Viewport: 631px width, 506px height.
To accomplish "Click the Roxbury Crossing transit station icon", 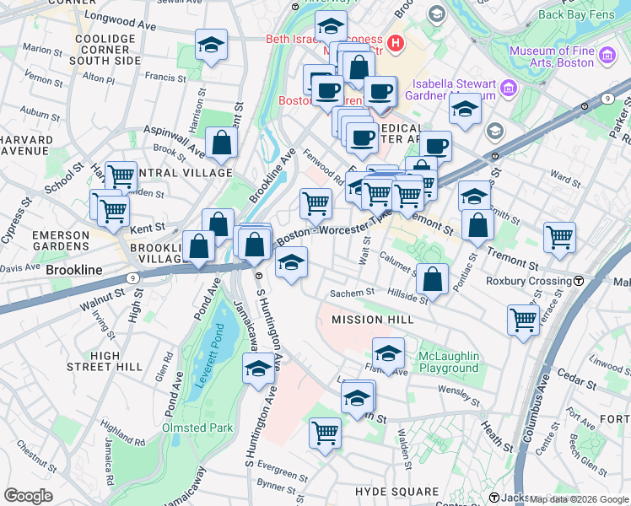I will click(579, 281).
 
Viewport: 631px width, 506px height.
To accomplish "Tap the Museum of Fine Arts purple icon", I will click(607, 57).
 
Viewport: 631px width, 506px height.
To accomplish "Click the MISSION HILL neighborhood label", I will click(372, 320).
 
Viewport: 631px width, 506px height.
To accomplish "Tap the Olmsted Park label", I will click(197, 428).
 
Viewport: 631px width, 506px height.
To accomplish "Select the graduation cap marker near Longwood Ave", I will click(211, 46).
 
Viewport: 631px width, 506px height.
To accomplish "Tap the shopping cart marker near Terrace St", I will click(523, 320).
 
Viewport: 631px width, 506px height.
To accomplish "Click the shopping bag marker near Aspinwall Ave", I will click(221, 143).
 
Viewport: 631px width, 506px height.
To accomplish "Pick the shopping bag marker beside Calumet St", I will click(432, 279).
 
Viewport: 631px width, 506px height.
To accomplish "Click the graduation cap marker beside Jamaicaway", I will click(258, 368).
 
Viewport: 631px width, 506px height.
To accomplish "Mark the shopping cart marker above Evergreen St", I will click(325, 433).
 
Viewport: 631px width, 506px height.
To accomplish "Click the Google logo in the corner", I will click(28, 495).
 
